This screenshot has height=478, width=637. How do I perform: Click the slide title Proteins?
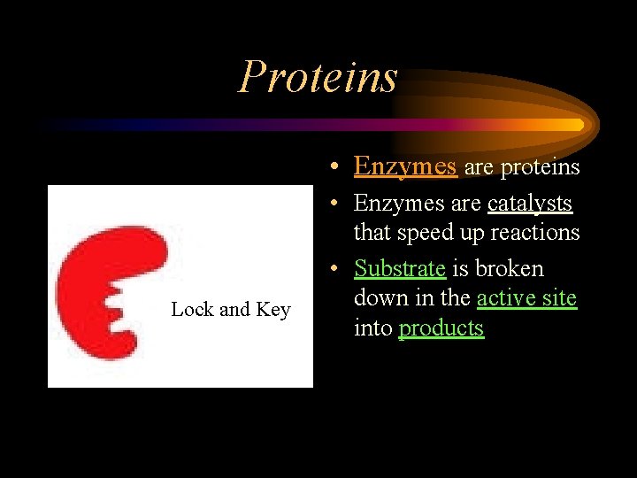[318, 76]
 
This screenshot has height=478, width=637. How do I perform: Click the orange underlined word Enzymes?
[404, 166]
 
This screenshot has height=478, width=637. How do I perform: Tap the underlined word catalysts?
[529, 204]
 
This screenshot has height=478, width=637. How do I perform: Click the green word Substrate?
[399, 268]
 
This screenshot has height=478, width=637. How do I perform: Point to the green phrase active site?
[526, 298]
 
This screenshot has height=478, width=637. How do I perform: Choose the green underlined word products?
[441, 328]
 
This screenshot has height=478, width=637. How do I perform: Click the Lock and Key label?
[230, 309]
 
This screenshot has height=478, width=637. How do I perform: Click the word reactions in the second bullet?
[540, 233]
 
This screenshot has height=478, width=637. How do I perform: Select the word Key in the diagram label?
[272, 309]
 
